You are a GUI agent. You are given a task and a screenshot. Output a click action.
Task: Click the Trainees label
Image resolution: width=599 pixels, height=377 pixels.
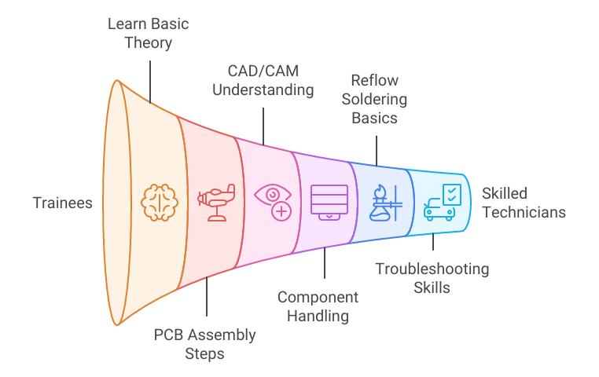coord(62,203)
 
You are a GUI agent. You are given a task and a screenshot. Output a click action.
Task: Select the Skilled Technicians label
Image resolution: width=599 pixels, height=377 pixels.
coord(523,202)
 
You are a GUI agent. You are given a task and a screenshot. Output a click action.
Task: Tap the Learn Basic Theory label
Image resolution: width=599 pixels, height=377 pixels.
coord(148,32)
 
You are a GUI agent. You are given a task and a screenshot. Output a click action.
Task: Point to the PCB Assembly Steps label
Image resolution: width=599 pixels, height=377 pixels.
coord(204,344)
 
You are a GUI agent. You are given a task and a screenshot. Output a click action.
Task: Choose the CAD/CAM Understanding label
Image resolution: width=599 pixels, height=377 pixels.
coord(264,81)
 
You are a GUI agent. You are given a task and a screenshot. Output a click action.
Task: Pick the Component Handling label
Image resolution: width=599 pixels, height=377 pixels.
coord(318,306)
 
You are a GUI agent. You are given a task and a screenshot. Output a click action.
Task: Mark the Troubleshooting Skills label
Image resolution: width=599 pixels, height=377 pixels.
coord(432,278)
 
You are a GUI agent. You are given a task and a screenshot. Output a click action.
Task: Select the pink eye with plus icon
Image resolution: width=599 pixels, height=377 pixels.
coord(274,201)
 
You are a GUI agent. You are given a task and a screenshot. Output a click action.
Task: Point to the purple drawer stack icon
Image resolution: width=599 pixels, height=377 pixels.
coord(329,201)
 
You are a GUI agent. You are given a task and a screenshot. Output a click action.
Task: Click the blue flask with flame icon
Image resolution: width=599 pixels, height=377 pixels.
coord(386,202)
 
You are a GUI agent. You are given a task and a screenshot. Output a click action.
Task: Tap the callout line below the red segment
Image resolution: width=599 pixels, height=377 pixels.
coord(207,298)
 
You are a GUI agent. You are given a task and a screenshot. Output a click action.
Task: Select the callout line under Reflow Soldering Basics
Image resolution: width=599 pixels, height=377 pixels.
coord(377,149)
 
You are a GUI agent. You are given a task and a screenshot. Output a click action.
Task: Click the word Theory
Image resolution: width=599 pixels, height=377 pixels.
coord(148,42)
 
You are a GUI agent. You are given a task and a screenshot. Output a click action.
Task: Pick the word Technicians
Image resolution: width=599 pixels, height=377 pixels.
coord(523,211)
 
